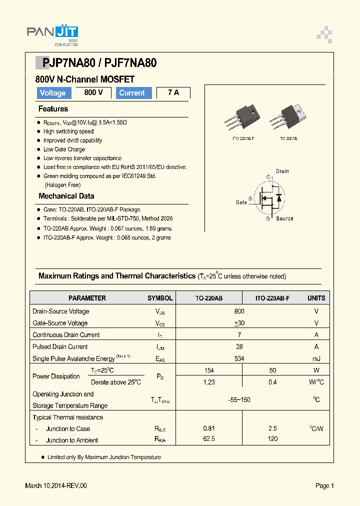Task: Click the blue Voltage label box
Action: pos(52,93)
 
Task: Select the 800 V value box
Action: pos(93,92)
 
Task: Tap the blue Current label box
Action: pos(132,93)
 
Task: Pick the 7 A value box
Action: pos(173,92)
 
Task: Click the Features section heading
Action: pos(53,109)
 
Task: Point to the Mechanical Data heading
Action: pos(66,196)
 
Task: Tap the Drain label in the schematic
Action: pos(282,171)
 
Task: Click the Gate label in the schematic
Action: pos(241,202)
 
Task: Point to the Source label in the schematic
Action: pos(284,218)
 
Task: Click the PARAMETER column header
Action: pos(87,298)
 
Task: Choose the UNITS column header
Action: pos(316,298)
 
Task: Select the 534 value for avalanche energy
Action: pos(239,358)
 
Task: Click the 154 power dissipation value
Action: pos(209,370)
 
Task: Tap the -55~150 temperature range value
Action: pos(239,399)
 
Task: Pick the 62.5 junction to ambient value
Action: pos(209,440)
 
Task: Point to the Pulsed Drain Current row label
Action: pos(60,346)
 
